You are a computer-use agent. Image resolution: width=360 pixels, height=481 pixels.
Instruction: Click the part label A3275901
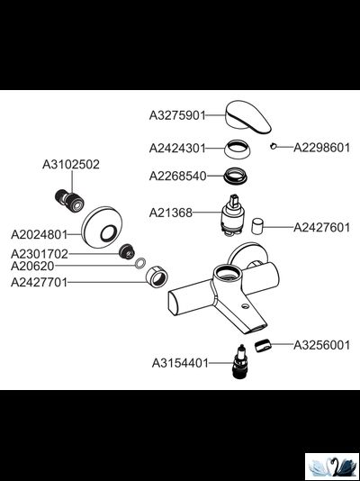pyautogui.click(x=177, y=115)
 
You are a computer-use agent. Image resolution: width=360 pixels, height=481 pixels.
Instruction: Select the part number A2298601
pyautogui.click(x=321, y=148)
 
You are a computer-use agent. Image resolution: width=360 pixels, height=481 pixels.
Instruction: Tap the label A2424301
pyautogui.click(x=177, y=149)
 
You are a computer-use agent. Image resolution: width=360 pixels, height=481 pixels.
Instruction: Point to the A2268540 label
pyautogui.click(x=177, y=177)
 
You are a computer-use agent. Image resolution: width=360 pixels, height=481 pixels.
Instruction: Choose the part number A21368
pyautogui.click(x=171, y=213)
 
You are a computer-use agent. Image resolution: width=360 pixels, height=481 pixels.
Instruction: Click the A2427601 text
pyautogui.click(x=321, y=228)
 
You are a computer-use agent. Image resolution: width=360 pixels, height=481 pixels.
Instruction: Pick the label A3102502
pyautogui.click(x=71, y=165)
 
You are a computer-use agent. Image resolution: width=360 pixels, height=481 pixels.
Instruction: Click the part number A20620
pyautogui.click(x=32, y=266)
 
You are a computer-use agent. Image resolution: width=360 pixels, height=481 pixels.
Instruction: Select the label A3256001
pyautogui.click(x=321, y=345)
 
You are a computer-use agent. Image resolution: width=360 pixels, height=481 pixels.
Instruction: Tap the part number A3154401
pyautogui.click(x=180, y=364)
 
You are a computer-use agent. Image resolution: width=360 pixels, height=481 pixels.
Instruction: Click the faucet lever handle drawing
pyautogui.click(x=247, y=117)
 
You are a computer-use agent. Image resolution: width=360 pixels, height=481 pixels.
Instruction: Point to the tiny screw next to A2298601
pyautogui.click(x=274, y=146)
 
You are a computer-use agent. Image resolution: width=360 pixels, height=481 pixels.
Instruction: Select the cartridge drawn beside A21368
pyautogui.click(x=234, y=215)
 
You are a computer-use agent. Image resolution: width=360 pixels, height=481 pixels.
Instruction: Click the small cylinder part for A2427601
pyautogui.click(x=257, y=226)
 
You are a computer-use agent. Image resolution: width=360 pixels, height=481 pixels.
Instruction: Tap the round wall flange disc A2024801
pyautogui.click(x=102, y=227)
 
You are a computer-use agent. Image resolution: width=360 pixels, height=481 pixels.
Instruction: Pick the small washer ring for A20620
pyautogui.click(x=140, y=263)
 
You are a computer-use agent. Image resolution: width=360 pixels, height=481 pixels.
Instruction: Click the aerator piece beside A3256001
pyautogui.click(x=263, y=345)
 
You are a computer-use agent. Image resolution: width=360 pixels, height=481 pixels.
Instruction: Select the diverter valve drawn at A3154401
pyautogui.click(x=240, y=361)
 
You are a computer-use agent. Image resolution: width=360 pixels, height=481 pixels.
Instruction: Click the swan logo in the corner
pyautogui.click(x=332, y=466)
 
